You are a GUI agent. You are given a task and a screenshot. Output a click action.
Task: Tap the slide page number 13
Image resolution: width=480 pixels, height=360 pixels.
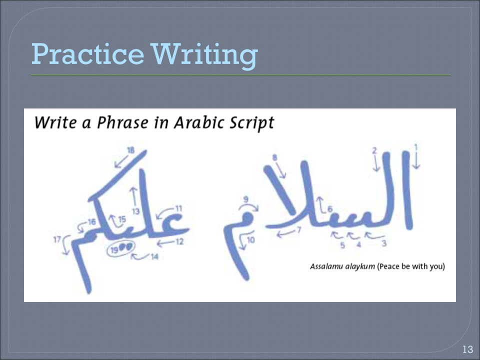click(467, 349)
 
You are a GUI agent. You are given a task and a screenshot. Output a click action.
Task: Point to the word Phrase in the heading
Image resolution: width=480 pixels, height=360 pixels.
click(120, 123)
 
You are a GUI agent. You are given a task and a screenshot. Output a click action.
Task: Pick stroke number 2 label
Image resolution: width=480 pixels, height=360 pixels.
click(374, 150)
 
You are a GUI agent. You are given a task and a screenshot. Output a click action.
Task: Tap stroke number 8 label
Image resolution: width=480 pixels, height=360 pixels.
click(274, 157)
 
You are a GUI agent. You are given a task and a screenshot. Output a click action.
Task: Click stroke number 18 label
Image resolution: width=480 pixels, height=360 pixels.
click(131, 150)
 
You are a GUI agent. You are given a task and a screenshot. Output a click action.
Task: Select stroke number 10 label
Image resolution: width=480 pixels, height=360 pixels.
click(251, 240)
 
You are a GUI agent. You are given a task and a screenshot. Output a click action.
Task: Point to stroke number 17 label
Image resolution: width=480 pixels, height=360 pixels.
click(57, 239)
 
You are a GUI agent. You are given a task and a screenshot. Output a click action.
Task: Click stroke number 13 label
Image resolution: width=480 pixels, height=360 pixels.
click(135, 211)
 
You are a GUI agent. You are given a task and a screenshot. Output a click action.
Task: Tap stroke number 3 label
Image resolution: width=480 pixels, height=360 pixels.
click(383, 243)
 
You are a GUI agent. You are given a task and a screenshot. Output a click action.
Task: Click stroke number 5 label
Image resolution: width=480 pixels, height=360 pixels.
click(342, 245)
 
